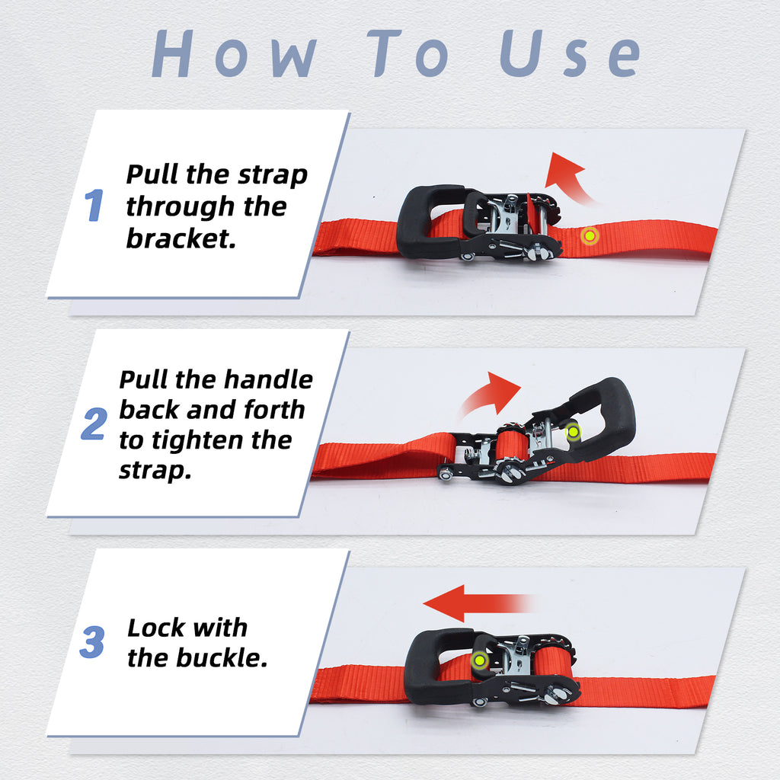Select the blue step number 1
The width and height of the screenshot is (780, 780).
click(x=94, y=206)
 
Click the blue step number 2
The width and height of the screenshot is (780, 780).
click(x=94, y=425)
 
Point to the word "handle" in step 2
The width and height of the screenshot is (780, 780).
click(x=267, y=379)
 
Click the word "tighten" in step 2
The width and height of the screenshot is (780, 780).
click(x=195, y=440)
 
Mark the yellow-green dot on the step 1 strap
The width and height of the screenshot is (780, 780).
click(x=589, y=236)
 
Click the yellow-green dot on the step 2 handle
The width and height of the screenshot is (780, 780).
click(x=573, y=432)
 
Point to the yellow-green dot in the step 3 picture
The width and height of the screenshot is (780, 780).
click(x=479, y=661)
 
